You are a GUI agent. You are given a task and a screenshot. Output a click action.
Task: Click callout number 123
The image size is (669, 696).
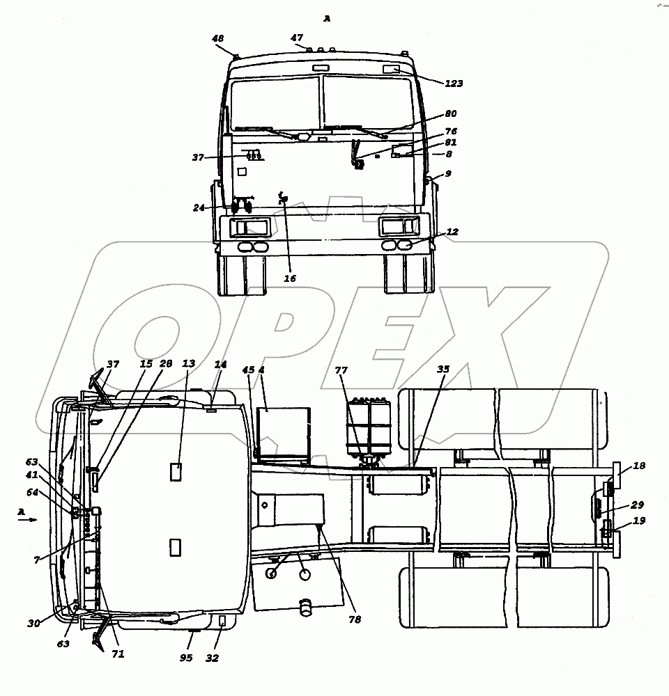[454, 84]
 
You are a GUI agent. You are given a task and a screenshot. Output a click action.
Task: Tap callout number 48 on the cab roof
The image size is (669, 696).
[218, 38]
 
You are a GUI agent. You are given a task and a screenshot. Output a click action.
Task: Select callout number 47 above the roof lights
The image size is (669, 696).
[297, 38]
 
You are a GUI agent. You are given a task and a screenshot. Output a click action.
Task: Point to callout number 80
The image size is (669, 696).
[451, 113]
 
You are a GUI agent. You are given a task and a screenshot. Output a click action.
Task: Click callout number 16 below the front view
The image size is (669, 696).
[290, 278]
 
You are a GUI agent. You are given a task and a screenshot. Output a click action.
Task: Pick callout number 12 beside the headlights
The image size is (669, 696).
[452, 232]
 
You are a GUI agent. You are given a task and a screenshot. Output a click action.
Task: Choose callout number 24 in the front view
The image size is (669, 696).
[199, 207]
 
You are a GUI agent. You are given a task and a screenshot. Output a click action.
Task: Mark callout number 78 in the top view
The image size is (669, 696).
[355, 619]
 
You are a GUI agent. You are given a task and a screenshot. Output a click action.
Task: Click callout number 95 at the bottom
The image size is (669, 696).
[186, 658]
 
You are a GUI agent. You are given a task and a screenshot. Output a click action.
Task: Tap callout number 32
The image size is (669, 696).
[212, 658]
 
